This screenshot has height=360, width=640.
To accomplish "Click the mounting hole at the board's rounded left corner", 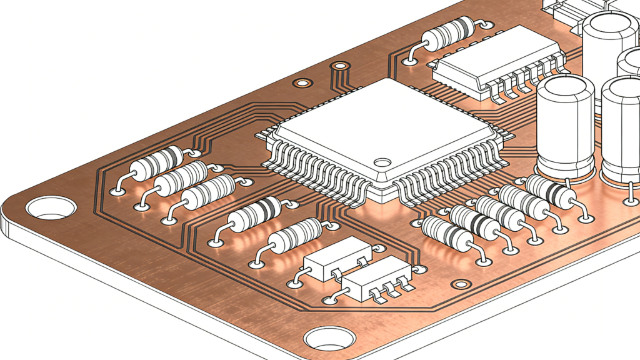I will click(x=51, y=207).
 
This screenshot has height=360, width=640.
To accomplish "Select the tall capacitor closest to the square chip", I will click(x=566, y=125).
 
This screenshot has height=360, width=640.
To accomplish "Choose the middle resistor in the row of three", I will click(x=182, y=176).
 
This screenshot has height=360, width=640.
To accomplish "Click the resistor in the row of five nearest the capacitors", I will click(x=549, y=191).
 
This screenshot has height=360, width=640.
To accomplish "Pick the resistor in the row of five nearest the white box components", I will click(x=447, y=233).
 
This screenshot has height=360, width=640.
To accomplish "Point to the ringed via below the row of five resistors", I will click(x=461, y=284).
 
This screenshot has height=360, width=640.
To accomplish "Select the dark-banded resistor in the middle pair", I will click(x=254, y=213).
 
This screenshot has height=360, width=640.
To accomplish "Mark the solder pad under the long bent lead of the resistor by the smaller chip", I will click(x=410, y=61).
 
